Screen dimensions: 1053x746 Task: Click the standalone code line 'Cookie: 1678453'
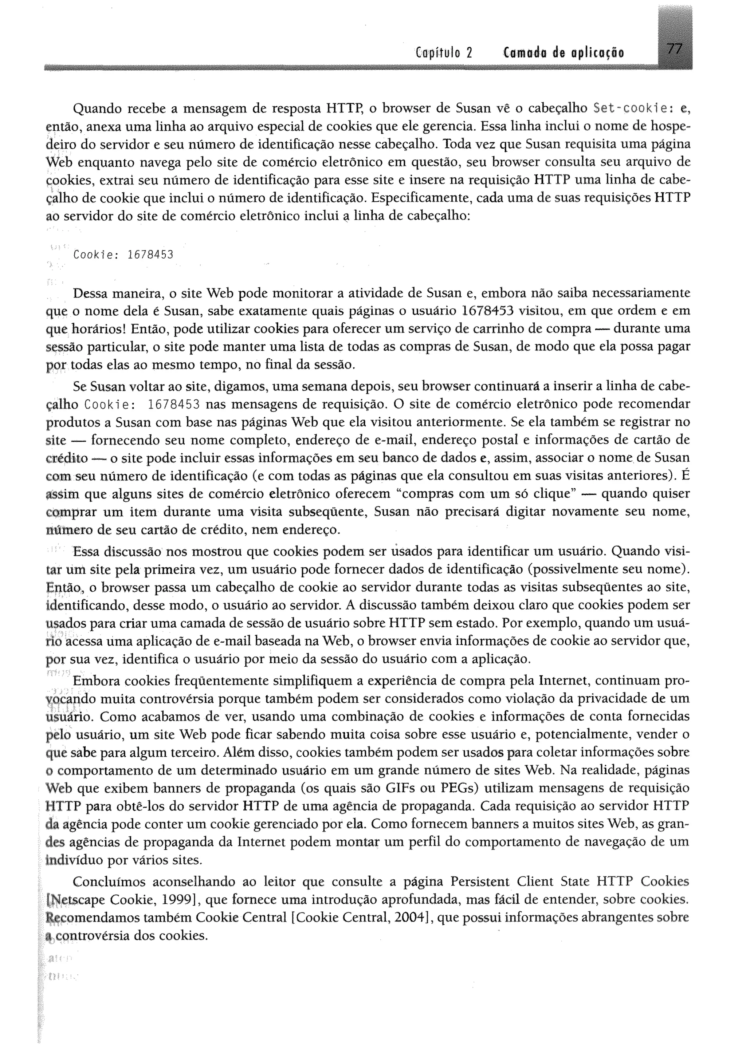(x=123, y=255)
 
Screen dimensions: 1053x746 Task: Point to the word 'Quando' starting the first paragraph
(x=97, y=109)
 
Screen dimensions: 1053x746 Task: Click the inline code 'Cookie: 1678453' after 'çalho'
(x=142, y=405)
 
